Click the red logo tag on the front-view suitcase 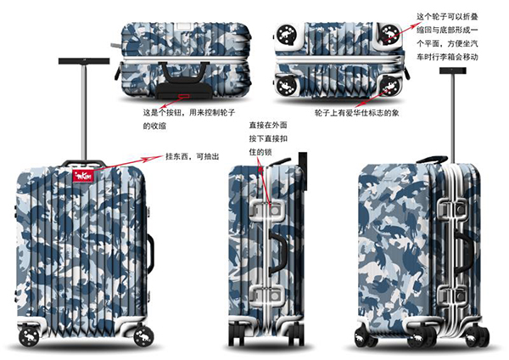point(83,176)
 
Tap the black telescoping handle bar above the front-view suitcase point(84,61)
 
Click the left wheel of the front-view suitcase point(29,337)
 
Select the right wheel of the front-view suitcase point(143,335)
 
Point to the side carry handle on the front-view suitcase point(150,253)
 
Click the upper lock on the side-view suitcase point(268,211)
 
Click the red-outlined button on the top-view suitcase point(184,96)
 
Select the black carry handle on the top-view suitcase point(183,72)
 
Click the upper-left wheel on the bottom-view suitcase point(288,34)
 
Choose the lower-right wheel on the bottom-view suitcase point(390,86)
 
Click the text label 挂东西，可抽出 point(193,156)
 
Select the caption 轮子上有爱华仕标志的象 point(356,113)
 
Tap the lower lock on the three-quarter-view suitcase point(452,296)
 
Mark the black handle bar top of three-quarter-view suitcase point(453,70)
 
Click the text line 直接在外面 point(268,125)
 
